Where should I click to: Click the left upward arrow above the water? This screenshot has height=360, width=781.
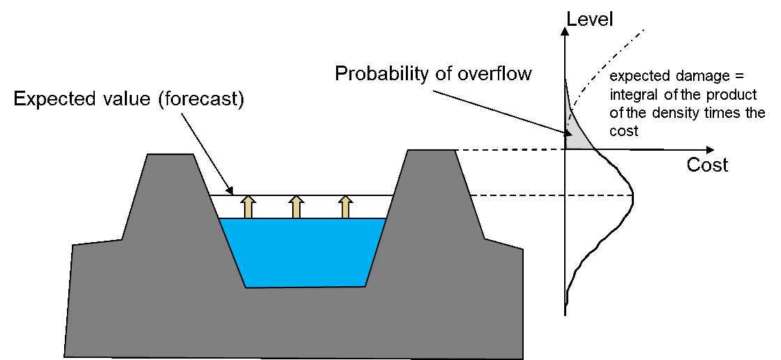(248, 208)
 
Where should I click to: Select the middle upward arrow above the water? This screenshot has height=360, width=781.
(296, 208)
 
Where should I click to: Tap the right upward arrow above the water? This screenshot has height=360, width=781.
(345, 208)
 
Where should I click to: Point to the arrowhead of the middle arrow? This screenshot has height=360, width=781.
(296, 200)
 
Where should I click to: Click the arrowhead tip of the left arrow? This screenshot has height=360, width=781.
(248, 197)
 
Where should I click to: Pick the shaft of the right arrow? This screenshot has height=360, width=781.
(345, 211)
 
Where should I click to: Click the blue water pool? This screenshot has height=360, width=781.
(303, 251)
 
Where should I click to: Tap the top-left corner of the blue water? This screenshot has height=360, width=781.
(220, 219)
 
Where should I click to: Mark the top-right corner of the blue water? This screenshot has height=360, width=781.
(386, 219)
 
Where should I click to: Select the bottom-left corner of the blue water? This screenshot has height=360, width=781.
(245, 287)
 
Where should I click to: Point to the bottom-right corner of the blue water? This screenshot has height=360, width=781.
(365, 286)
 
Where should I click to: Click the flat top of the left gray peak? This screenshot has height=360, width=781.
(170, 156)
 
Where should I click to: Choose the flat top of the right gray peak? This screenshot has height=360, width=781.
(431, 151)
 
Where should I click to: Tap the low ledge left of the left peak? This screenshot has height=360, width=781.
(98, 243)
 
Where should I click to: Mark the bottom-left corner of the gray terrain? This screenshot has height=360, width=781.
(66, 356)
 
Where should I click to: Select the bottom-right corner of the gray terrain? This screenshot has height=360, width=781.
(522, 357)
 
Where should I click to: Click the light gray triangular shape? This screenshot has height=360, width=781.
(575, 133)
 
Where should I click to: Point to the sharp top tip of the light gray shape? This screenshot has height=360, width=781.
(565, 82)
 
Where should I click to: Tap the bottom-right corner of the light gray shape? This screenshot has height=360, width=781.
(593, 148)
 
